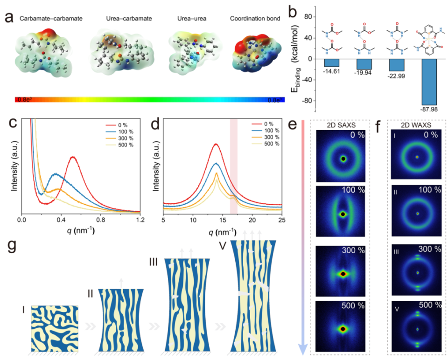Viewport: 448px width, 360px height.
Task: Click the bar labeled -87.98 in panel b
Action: click(429, 82)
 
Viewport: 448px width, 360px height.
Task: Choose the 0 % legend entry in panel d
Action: click(266, 124)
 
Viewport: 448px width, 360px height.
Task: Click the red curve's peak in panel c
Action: click(73, 157)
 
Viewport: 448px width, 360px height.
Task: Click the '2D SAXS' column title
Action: click(343, 125)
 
